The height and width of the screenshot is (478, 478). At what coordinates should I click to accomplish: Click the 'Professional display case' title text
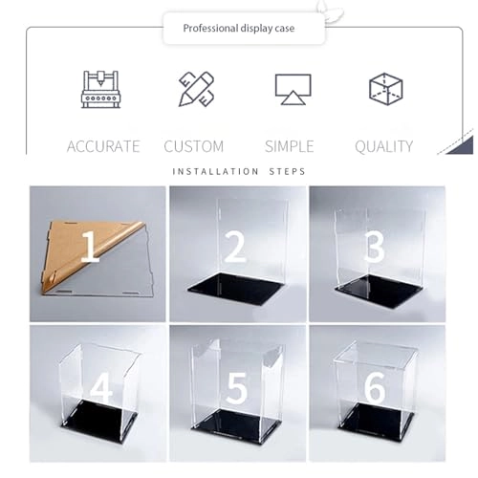click(240, 29)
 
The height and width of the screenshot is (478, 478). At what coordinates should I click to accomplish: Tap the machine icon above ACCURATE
click(100, 89)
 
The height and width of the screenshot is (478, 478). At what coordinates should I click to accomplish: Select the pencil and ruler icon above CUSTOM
click(196, 89)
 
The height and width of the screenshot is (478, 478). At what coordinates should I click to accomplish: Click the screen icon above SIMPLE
click(292, 89)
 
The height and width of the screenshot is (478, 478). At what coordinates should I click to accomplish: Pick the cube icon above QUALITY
click(385, 89)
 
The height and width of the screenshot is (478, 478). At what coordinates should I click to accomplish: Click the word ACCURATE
click(103, 146)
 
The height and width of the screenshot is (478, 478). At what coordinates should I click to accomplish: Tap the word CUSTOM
click(194, 146)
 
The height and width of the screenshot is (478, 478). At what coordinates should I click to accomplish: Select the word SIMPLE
click(289, 146)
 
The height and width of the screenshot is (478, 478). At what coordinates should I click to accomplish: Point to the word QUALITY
click(384, 146)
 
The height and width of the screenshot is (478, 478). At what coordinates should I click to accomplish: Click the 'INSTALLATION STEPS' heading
click(239, 172)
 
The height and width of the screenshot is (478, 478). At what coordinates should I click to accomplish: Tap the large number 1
click(90, 249)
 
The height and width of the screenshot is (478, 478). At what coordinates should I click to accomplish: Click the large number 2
click(234, 247)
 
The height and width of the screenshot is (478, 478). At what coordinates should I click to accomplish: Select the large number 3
click(374, 247)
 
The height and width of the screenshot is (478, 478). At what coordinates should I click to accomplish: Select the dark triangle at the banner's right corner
click(460, 145)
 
